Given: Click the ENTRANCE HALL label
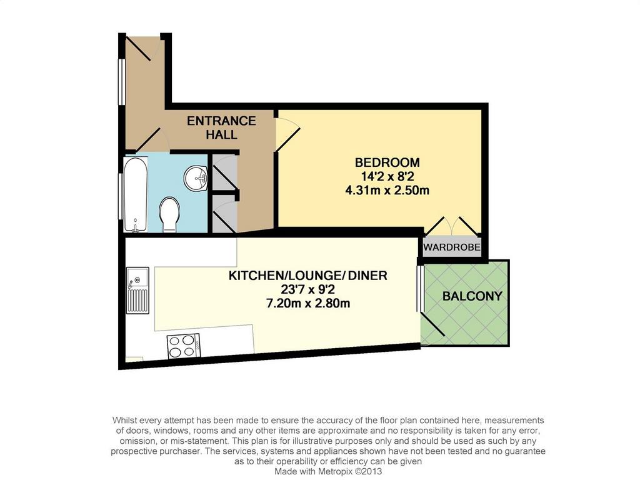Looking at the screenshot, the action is click(221, 127).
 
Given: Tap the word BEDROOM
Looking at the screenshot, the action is click(387, 162).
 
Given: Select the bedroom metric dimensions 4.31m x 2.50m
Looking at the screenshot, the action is click(387, 190).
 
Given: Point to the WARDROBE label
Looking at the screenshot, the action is click(451, 247).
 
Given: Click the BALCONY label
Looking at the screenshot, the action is click(472, 296).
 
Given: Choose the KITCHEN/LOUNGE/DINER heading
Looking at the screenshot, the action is click(307, 276).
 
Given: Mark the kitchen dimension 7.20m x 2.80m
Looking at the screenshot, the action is click(307, 303).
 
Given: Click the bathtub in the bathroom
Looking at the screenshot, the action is click(135, 194).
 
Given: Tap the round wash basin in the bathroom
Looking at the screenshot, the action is click(196, 178).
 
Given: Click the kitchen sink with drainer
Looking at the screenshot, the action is click(137, 290).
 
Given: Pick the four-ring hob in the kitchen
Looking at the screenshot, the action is click(183, 346).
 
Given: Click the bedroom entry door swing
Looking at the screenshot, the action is click(287, 134).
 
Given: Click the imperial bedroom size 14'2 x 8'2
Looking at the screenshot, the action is click(387, 176).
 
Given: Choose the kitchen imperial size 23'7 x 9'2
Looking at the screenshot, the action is click(307, 289).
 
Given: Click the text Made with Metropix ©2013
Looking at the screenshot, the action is click(328, 471).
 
